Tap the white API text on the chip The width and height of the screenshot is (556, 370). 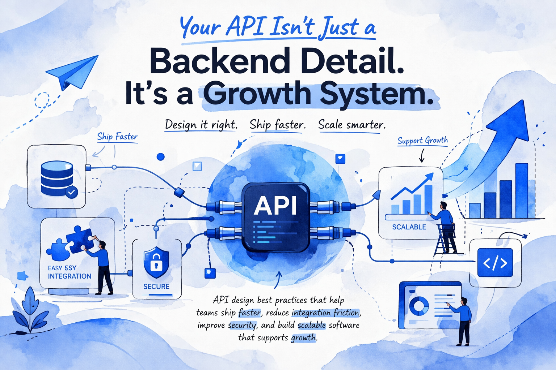tap(275, 206)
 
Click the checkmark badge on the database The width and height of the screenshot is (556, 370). tap(72, 192)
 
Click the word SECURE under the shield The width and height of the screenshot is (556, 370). tap(156, 287)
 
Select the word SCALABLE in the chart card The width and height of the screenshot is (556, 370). tap(409, 227)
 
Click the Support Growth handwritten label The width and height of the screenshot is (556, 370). tap(423, 141)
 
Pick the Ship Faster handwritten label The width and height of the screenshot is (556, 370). tap(117, 137)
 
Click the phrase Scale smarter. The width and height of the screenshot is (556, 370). tap(352, 125)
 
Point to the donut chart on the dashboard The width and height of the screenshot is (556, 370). tap(419, 306)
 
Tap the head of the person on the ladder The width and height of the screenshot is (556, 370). tap(443, 206)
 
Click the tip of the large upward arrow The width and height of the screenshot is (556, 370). tap(523, 100)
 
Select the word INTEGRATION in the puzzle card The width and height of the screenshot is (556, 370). tap(69, 276)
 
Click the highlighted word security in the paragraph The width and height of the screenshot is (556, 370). tap(242, 325)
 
